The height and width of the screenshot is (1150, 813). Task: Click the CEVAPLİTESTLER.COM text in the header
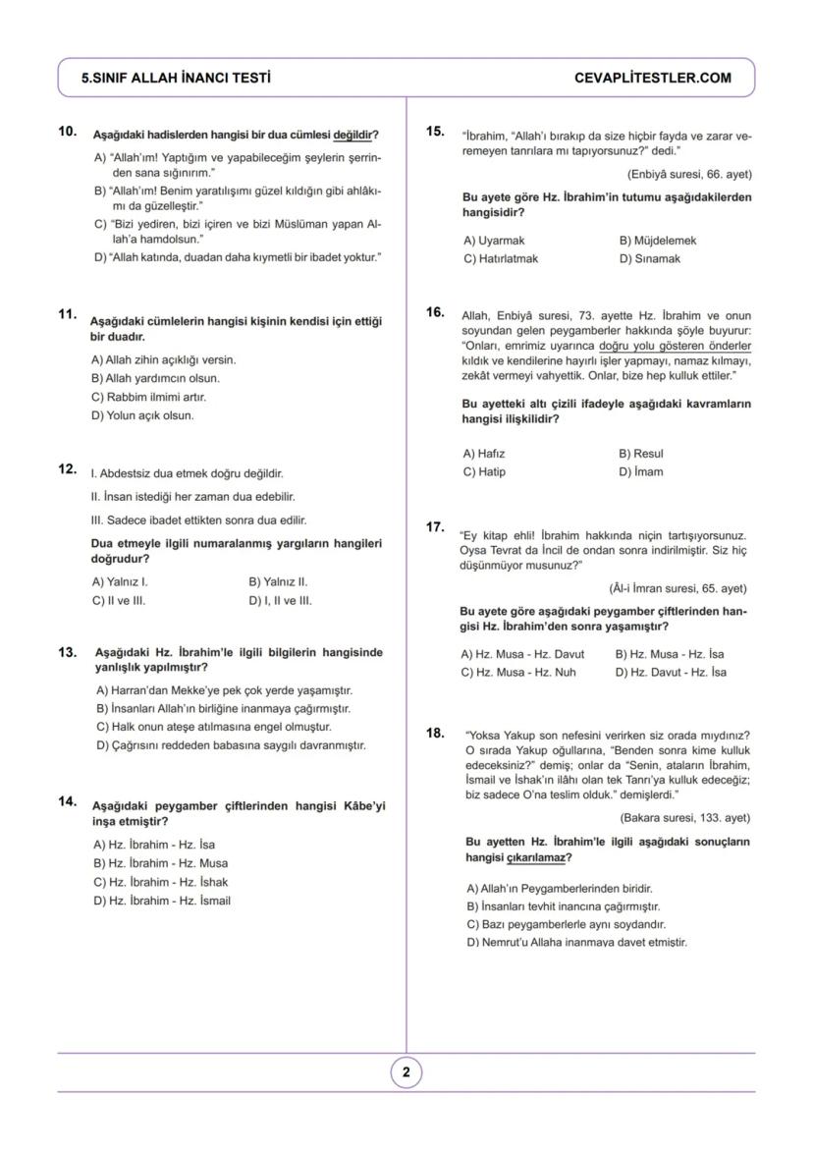coord(652,78)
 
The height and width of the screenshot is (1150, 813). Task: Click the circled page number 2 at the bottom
coord(406,1072)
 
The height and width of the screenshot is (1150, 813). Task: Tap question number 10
coord(68,131)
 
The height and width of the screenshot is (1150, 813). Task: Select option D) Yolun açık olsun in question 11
coord(142,415)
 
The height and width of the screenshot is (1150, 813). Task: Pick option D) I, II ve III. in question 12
coord(280,600)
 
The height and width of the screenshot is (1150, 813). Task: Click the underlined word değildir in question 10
coord(354,134)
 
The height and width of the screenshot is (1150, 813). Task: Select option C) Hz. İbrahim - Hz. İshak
coord(160,882)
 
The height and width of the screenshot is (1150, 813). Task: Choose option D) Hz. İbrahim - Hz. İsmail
coord(162,901)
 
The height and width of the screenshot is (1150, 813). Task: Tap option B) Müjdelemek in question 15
coord(657,240)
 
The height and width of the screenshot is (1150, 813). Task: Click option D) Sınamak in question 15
coord(649,258)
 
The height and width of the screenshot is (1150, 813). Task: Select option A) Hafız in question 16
coord(483,454)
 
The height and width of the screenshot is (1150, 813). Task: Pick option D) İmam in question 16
coord(640,471)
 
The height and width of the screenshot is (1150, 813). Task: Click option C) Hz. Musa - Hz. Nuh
coord(518,673)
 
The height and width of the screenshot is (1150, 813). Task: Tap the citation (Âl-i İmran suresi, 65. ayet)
coord(677,588)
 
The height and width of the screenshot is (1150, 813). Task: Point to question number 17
coord(436,527)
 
